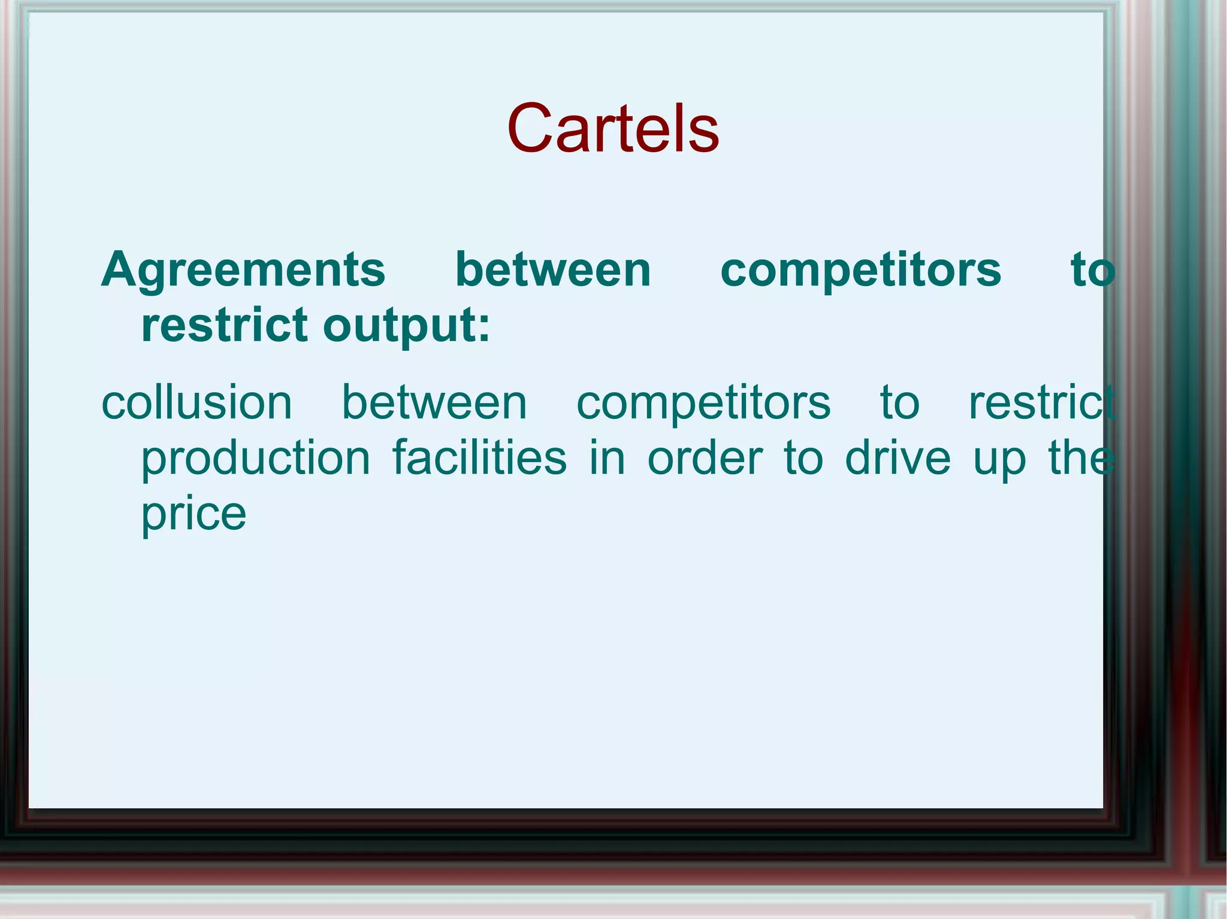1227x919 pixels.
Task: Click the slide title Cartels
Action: coord(612,129)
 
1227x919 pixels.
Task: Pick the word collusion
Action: coord(197,402)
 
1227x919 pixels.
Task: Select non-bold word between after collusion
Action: coord(434,402)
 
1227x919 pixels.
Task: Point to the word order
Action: coord(705,458)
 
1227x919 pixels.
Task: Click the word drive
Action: coord(897,458)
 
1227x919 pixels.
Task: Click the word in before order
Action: coord(607,458)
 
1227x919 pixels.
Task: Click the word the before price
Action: coord(1081,458)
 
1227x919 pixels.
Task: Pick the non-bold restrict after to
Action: coord(1041,402)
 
